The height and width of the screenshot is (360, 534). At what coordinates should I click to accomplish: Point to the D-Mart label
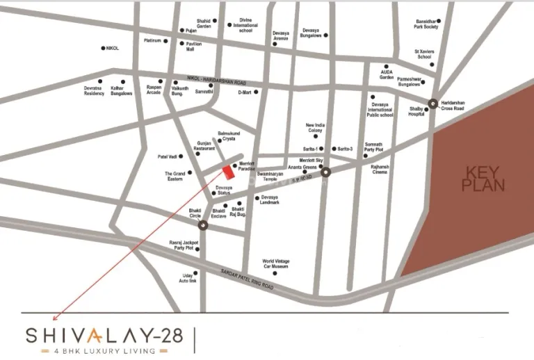(x=244, y=92)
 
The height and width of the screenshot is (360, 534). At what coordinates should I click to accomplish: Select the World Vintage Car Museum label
(x=275, y=263)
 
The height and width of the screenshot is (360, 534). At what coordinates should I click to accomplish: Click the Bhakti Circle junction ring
(x=203, y=225)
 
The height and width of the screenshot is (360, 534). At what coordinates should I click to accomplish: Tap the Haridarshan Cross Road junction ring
(x=432, y=104)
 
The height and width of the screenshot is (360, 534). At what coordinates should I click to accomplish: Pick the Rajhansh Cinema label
(x=380, y=169)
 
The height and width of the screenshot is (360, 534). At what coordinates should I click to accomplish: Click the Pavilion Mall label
(x=194, y=47)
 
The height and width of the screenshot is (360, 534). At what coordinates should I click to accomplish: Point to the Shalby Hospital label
(x=416, y=111)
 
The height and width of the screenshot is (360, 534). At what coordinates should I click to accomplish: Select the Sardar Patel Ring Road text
(x=247, y=279)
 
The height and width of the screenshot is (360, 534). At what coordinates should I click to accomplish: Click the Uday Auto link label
(x=188, y=277)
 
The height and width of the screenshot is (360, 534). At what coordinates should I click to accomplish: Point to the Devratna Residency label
(x=94, y=91)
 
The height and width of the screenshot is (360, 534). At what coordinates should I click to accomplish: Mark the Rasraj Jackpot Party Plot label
(x=183, y=245)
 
